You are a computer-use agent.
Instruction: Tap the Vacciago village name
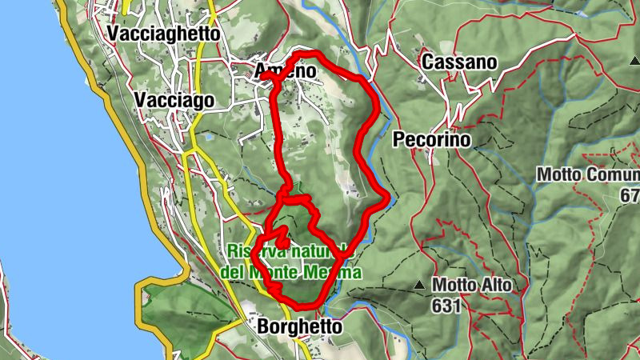pyautogui.click(x=174, y=100)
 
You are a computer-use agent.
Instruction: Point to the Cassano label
pyautogui.click(x=459, y=62)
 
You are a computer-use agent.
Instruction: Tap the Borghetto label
pyautogui.click(x=299, y=327)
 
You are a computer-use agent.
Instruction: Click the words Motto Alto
pyautogui.click(x=471, y=285)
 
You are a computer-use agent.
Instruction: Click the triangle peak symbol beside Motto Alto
pyautogui.click(x=419, y=285)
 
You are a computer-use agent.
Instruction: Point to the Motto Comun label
pyautogui.click(x=588, y=174)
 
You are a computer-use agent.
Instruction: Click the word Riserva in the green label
pyautogui.click(x=254, y=250)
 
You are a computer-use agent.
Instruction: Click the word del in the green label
pyautogui.click(x=232, y=273)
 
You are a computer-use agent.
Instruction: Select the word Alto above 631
pyautogui.click(x=496, y=285)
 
